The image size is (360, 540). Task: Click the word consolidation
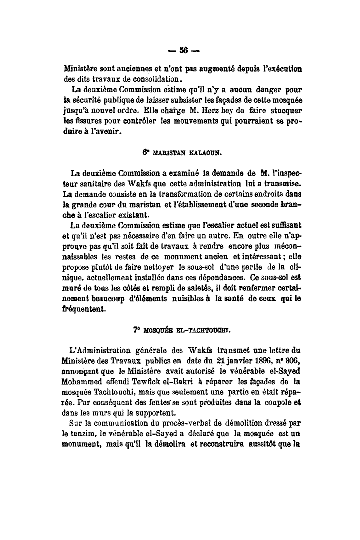[x=157, y=78]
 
